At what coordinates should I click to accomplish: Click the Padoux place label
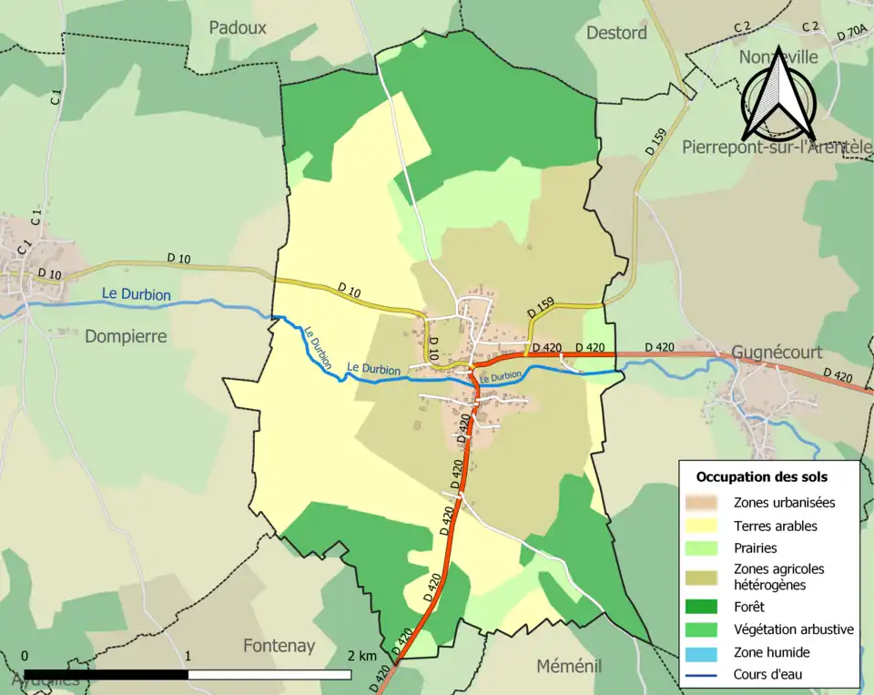[x=238, y=27]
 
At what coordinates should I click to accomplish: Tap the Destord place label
[x=616, y=33]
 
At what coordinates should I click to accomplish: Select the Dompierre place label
[x=126, y=336]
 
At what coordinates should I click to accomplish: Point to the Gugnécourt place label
[x=777, y=353]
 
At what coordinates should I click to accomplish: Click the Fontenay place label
[x=279, y=646]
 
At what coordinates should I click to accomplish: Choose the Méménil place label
[x=569, y=666]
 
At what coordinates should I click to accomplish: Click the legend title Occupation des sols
[x=762, y=476]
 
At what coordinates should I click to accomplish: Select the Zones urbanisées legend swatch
[x=705, y=502]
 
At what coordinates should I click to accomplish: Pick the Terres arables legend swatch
[x=705, y=526]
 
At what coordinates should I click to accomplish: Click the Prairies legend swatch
[x=705, y=548]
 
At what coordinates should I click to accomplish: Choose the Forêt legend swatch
[x=705, y=607]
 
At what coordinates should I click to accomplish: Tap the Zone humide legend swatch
[x=705, y=652]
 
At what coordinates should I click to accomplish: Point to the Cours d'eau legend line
[x=705, y=675]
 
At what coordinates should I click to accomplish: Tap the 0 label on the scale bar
[x=25, y=656]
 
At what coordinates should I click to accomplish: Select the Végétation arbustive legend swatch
[x=705, y=629]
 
